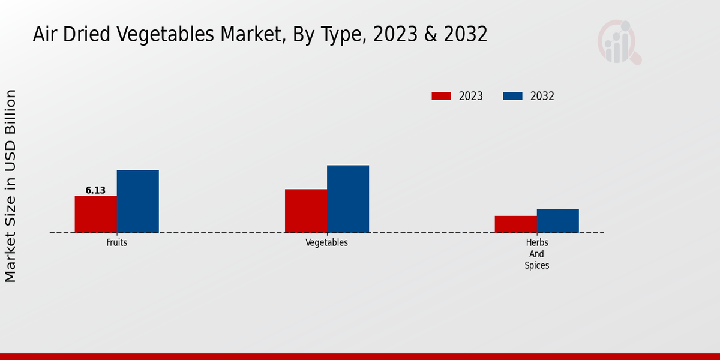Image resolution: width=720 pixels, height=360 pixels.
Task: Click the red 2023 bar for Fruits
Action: pos(95,214)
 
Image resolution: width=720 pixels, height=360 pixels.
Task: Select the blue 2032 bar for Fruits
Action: pos(137,202)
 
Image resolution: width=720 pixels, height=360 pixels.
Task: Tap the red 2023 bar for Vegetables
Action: pos(305,211)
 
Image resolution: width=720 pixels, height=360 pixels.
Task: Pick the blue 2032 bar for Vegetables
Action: pos(347,199)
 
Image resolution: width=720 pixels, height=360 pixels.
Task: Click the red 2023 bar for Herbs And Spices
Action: pos(515,224)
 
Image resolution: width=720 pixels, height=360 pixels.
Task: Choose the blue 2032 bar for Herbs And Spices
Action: pos(557,221)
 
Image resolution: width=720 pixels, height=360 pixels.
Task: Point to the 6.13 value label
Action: pos(95,190)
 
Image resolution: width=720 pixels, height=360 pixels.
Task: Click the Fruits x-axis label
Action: pos(116,243)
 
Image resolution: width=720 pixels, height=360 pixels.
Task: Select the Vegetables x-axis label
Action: pos(326,243)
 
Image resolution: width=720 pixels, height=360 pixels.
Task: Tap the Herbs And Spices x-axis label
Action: pos(536,254)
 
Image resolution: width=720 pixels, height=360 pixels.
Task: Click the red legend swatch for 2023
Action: pos(441,96)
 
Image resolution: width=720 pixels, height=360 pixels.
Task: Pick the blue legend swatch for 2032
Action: pos(512,96)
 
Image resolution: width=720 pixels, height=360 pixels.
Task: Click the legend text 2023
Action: pos(471,96)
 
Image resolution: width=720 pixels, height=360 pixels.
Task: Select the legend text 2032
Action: pos(542,96)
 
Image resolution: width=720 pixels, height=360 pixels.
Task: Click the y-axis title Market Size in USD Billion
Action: pos(11,186)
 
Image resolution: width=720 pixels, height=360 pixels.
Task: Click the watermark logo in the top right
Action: pos(619,42)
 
